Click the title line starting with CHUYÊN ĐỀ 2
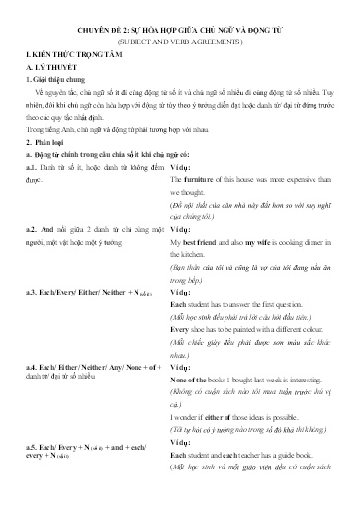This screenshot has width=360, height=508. [x=180, y=31]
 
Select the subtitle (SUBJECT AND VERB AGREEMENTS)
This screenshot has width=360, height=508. [x=180, y=45]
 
